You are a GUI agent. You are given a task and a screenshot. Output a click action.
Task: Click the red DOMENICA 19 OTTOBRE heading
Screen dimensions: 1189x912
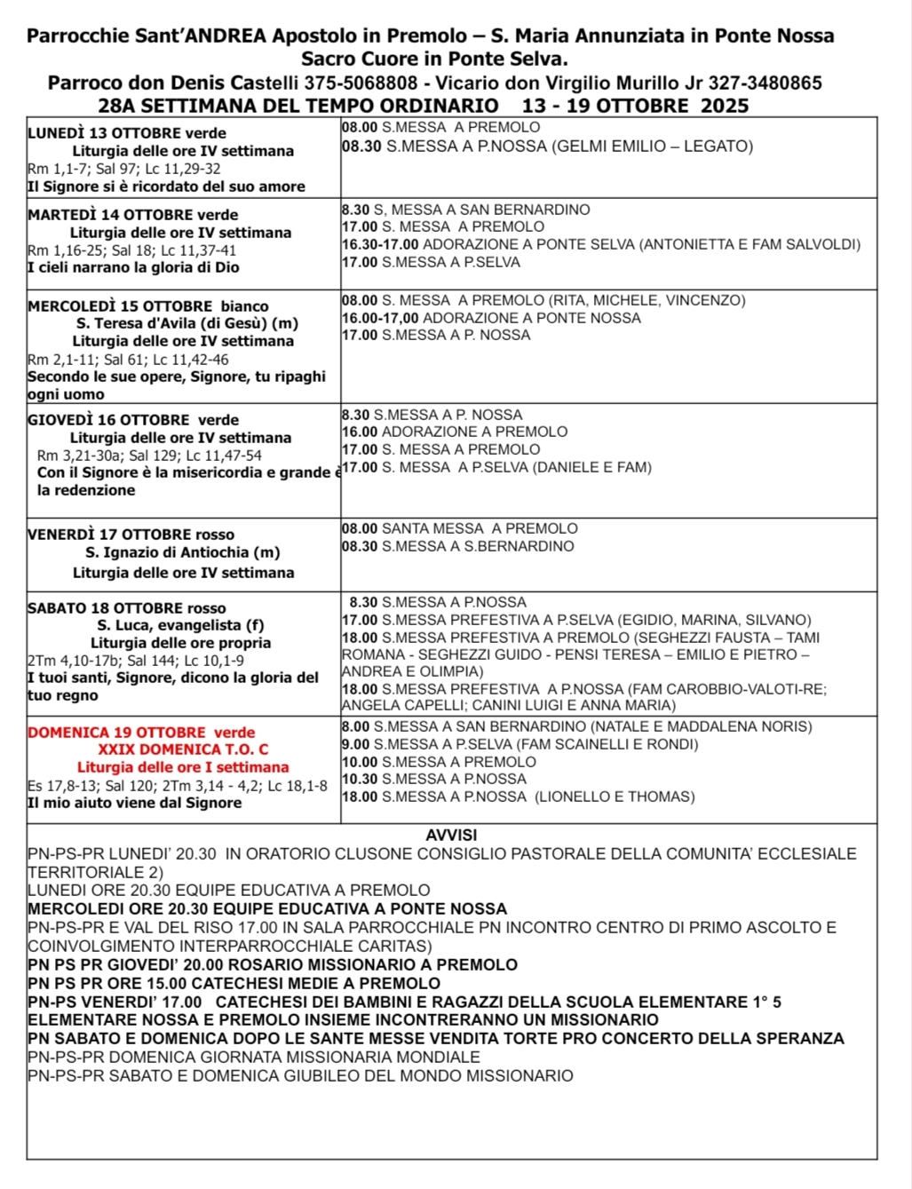(141, 733)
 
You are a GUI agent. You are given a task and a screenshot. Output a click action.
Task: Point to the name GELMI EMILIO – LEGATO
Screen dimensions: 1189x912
(652, 147)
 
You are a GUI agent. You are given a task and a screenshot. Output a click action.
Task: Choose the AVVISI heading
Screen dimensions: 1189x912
(451, 836)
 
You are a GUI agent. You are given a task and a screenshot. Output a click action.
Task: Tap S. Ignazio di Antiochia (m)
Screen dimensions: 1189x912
(183, 553)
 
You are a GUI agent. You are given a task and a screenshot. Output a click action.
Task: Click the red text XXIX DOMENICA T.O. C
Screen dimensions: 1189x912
(183, 750)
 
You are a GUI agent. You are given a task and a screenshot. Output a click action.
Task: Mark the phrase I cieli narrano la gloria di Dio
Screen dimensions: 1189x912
(133, 267)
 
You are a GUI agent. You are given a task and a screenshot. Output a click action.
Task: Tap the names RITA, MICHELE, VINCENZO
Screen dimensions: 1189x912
(647, 300)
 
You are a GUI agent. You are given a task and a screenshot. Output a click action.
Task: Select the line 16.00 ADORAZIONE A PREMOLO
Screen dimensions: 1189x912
(455, 432)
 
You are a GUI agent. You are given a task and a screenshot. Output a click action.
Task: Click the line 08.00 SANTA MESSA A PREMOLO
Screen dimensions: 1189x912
(460, 528)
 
